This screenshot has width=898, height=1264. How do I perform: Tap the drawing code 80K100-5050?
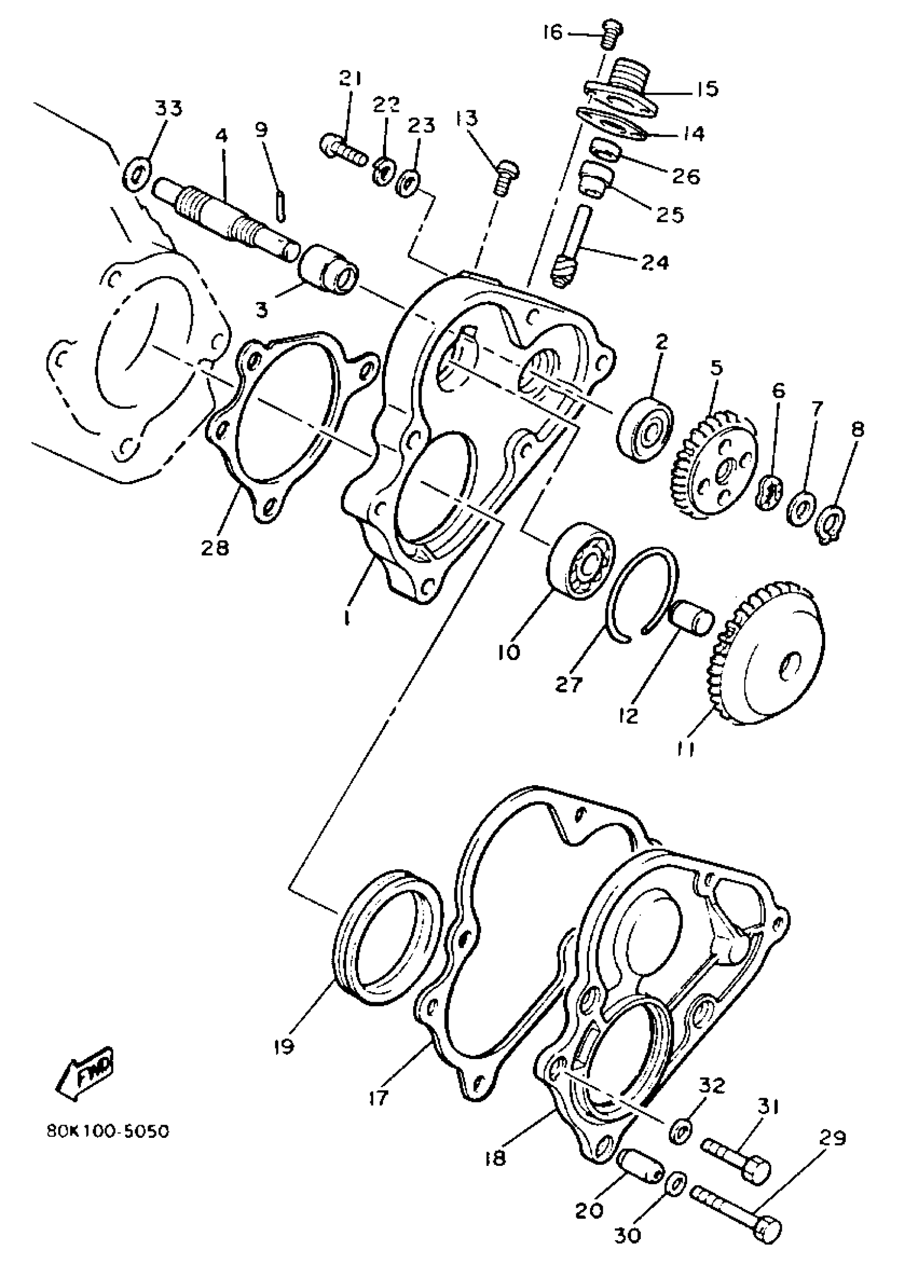(x=108, y=1131)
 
